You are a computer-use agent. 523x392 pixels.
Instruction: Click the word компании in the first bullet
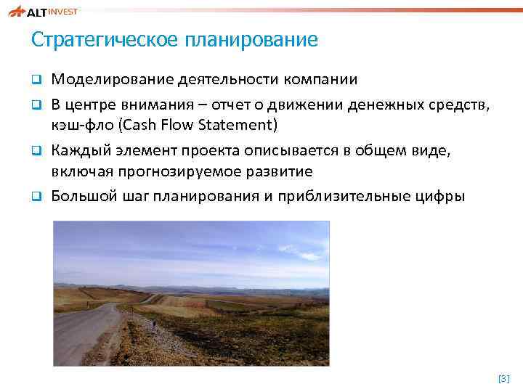315,78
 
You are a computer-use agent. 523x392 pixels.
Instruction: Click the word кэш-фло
83,125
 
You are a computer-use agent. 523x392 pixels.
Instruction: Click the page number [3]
504,379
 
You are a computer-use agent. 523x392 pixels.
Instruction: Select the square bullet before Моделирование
36,78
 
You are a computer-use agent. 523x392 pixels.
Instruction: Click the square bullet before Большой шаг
36,197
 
